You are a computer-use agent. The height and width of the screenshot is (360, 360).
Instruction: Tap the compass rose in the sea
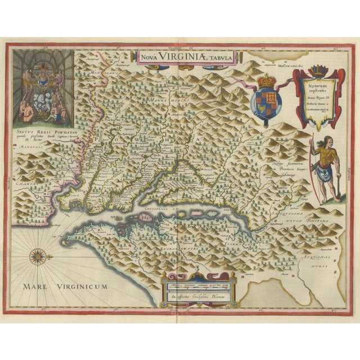pyautogui.click(x=38, y=256)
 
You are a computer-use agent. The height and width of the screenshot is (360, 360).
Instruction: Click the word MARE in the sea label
pyautogui.click(x=40, y=287)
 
